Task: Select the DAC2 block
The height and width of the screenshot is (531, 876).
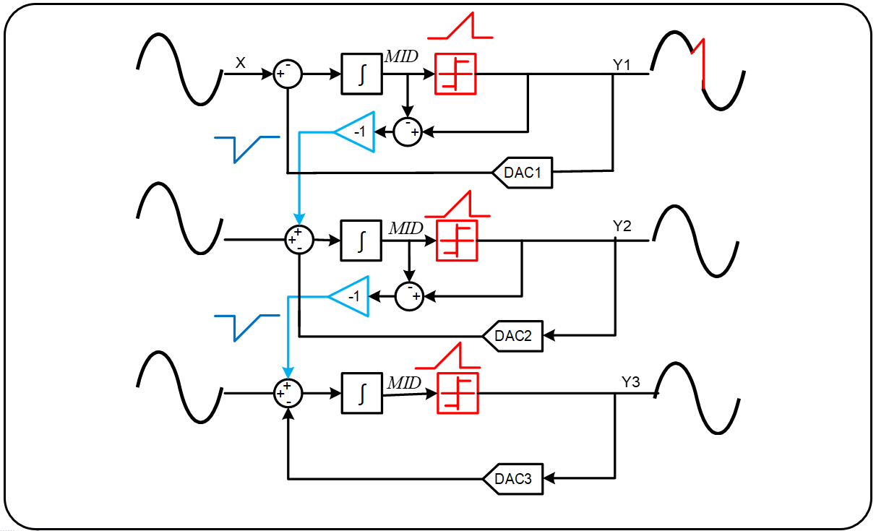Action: (x=513, y=335)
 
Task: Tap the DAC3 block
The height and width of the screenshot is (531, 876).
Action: (x=513, y=478)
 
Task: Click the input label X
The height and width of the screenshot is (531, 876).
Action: (x=241, y=64)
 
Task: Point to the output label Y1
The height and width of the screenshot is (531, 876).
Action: (x=622, y=65)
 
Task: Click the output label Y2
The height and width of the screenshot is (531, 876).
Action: (x=622, y=226)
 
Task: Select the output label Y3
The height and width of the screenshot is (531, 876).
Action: (x=631, y=381)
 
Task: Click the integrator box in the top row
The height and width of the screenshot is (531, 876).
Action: (x=361, y=74)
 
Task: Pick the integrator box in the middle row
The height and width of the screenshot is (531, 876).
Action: (x=361, y=238)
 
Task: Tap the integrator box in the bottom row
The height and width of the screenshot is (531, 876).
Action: (x=361, y=393)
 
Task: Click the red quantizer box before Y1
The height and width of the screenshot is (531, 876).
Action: (x=456, y=74)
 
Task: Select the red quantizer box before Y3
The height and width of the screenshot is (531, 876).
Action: (x=458, y=394)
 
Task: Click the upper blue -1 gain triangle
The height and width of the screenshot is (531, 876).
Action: (x=358, y=131)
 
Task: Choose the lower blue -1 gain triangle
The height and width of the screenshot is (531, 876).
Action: (x=352, y=296)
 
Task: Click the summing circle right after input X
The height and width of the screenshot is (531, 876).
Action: (x=288, y=74)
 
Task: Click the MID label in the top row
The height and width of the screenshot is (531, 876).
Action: (x=400, y=56)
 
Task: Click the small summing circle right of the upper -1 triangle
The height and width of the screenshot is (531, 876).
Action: (x=408, y=131)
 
